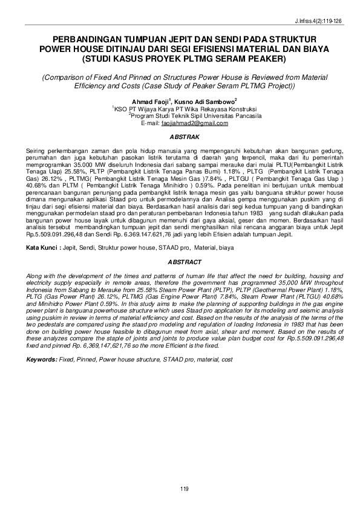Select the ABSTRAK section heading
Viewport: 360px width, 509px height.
click(x=180, y=137)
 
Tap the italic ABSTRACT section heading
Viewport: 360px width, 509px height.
click(x=180, y=264)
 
